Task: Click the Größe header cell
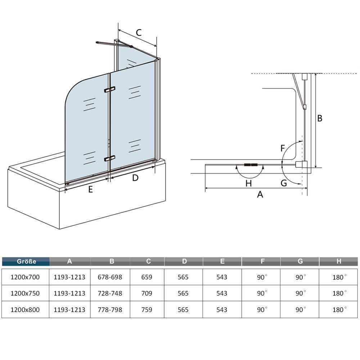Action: coord(26,261)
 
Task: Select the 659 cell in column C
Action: coord(147,277)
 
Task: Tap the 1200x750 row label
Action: coord(25,293)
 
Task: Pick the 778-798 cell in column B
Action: coord(110,310)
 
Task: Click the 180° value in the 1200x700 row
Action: coord(339,277)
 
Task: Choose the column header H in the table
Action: coord(339,261)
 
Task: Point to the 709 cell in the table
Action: coord(147,293)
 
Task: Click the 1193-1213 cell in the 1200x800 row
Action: coord(69,310)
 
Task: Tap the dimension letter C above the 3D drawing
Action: coord(139,33)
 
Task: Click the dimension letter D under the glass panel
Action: coord(135,178)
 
